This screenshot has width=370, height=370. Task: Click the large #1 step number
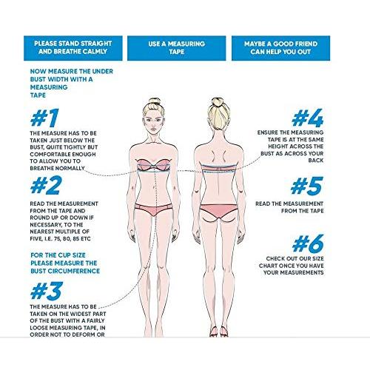(x=44, y=118)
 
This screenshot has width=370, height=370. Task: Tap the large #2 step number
(x=46, y=185)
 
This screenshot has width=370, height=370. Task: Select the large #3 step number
(x=47, y=291)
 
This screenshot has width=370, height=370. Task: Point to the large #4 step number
(x=308, y=118)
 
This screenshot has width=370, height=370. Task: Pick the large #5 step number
(x=307, y=186)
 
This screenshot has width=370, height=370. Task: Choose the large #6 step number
(x=308, y=243)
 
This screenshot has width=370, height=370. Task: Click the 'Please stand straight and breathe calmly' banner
(x=73, y=48)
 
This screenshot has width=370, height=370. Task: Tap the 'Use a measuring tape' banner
(x=177, y=48)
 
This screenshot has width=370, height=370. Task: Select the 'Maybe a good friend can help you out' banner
(x=280, y=48)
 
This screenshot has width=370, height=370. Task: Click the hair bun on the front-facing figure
(x=155, y=101)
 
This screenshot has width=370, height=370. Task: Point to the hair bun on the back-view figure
(x=218, y=101)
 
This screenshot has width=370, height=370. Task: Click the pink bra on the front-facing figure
(x=153, y=165)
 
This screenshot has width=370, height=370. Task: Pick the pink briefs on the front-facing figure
(x=153, y=209)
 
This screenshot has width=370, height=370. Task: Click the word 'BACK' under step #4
(x=316, y=161)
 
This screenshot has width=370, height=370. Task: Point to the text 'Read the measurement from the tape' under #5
(x=289, y=207)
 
